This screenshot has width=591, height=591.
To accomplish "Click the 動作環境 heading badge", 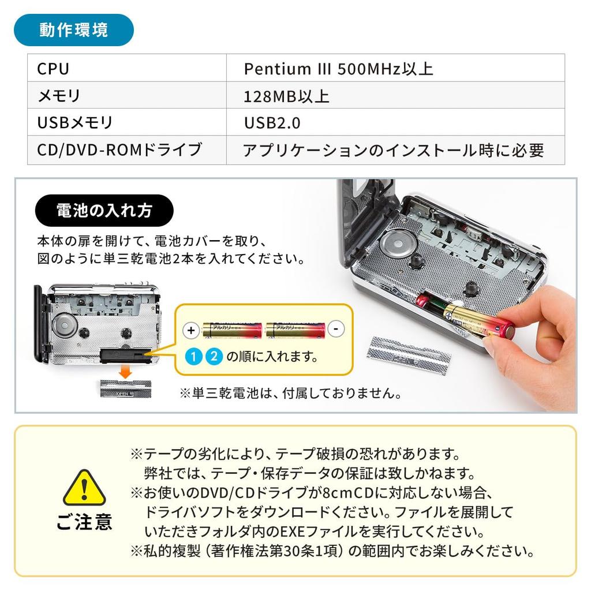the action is [73, 30].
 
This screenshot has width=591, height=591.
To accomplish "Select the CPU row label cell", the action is [127, 68].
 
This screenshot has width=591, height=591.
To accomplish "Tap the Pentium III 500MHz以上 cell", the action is [395, 68].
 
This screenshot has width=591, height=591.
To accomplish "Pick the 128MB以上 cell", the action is [395, 95].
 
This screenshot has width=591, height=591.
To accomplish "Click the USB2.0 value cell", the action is [395, 122].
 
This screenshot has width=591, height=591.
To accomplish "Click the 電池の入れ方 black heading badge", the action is [104, 210].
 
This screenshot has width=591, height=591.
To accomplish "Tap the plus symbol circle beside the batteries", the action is [191, 331].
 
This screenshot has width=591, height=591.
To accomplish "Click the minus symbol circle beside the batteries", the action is [336, 328].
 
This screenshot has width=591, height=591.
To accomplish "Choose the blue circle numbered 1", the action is [194, 356].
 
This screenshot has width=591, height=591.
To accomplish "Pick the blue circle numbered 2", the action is [214, 356].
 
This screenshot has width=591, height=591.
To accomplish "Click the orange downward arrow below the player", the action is [125, 372].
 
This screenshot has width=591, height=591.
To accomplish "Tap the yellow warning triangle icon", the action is [84, 488].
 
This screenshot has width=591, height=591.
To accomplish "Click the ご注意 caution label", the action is [84, 522].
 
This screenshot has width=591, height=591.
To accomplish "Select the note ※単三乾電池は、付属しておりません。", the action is [290, 394].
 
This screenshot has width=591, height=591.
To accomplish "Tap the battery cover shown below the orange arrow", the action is [125, 389].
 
